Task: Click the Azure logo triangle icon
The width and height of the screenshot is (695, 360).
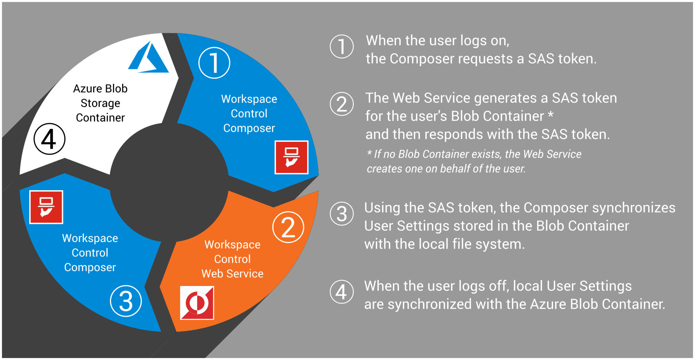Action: pyautogui.click(x=148, y=58)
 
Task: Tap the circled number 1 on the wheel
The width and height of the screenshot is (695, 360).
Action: pyautogui.click(x=214, y=63)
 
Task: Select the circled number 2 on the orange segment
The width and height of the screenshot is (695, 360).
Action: pyautogui.click(x=288, y=227)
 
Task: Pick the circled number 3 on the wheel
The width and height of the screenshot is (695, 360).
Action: pyautogui.click(x=126, y=301)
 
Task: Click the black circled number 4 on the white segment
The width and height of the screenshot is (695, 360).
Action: pyautogui.click(x=50, y=139)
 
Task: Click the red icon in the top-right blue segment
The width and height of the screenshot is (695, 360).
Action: pyautogui.click(x=292, y=157)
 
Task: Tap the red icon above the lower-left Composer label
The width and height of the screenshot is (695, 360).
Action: pyautogui.click(x=46, y=207)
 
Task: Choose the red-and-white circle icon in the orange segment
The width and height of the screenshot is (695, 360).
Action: pyautogui.click(x=197, y=303)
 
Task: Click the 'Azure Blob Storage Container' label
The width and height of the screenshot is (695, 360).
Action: pyautogui.click(x=100, y=103)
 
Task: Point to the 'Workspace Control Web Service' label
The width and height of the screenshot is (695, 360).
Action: pyautogui.click(x=232, y=259)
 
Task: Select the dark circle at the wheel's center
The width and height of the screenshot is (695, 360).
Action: pyautogui.click(x=169, y=182)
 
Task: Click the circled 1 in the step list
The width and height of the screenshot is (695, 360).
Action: pyautogui.click(x=342, y=46)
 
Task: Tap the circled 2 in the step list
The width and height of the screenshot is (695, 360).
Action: pyautogui.click(x=342, y=104)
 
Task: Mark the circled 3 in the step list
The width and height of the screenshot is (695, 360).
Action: pyautogui.click(x=342, y=214)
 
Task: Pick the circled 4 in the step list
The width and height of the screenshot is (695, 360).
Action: pyautogui.click(x=342, y=292)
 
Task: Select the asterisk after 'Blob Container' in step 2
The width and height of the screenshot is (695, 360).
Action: pyautogui.click(x=550, y=115)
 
